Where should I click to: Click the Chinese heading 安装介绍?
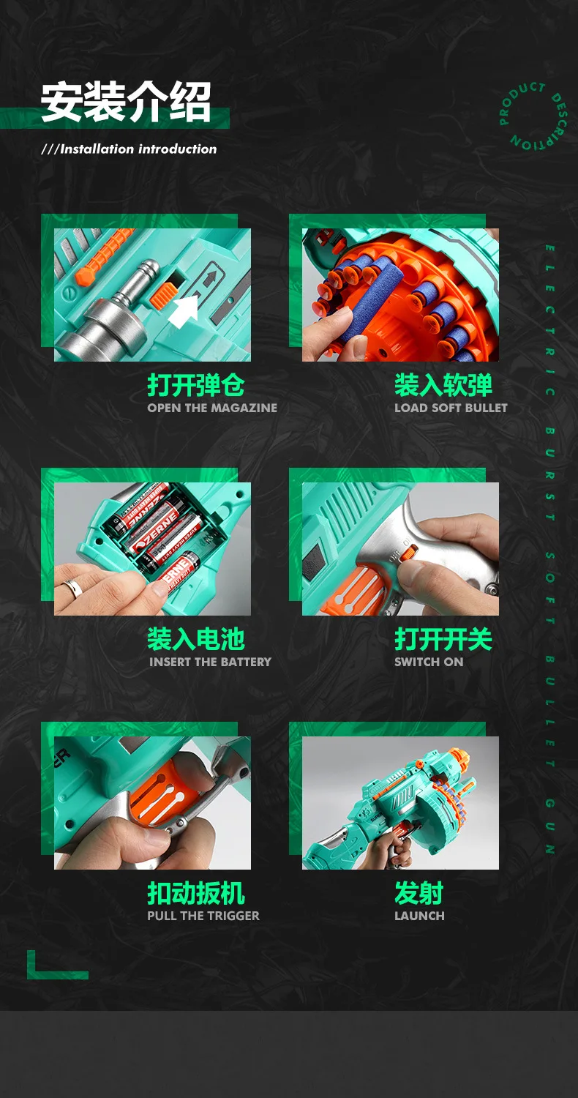point(126,101)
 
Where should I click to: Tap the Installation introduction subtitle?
point(130,149)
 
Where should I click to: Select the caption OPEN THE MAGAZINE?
point(212,408)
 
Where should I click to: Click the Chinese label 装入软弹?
point(443,385)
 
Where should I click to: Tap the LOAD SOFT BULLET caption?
point(451,408)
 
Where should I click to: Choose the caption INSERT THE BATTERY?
point(210,662)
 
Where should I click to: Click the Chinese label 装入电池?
point(195,639)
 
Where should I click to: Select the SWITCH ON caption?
point(429,662)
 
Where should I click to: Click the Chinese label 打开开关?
point(443,639)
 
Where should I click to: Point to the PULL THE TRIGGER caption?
point(203,916)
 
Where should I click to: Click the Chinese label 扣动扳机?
point(195,893)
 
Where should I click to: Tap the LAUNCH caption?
point(419,916)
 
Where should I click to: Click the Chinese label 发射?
point(419,893)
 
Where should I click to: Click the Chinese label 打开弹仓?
point(195,385)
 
